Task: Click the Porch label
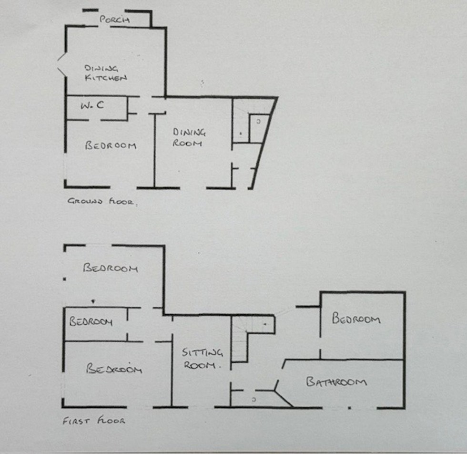pos(114,20)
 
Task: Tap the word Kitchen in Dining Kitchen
pos(106,78)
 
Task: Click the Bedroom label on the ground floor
pos(111,145)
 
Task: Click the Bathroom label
pos(336,382)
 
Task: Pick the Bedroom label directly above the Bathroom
pos(356,319)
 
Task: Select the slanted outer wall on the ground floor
pos(264,143)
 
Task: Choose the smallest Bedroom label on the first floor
pos(91,321)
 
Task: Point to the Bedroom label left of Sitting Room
pos(114,369)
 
